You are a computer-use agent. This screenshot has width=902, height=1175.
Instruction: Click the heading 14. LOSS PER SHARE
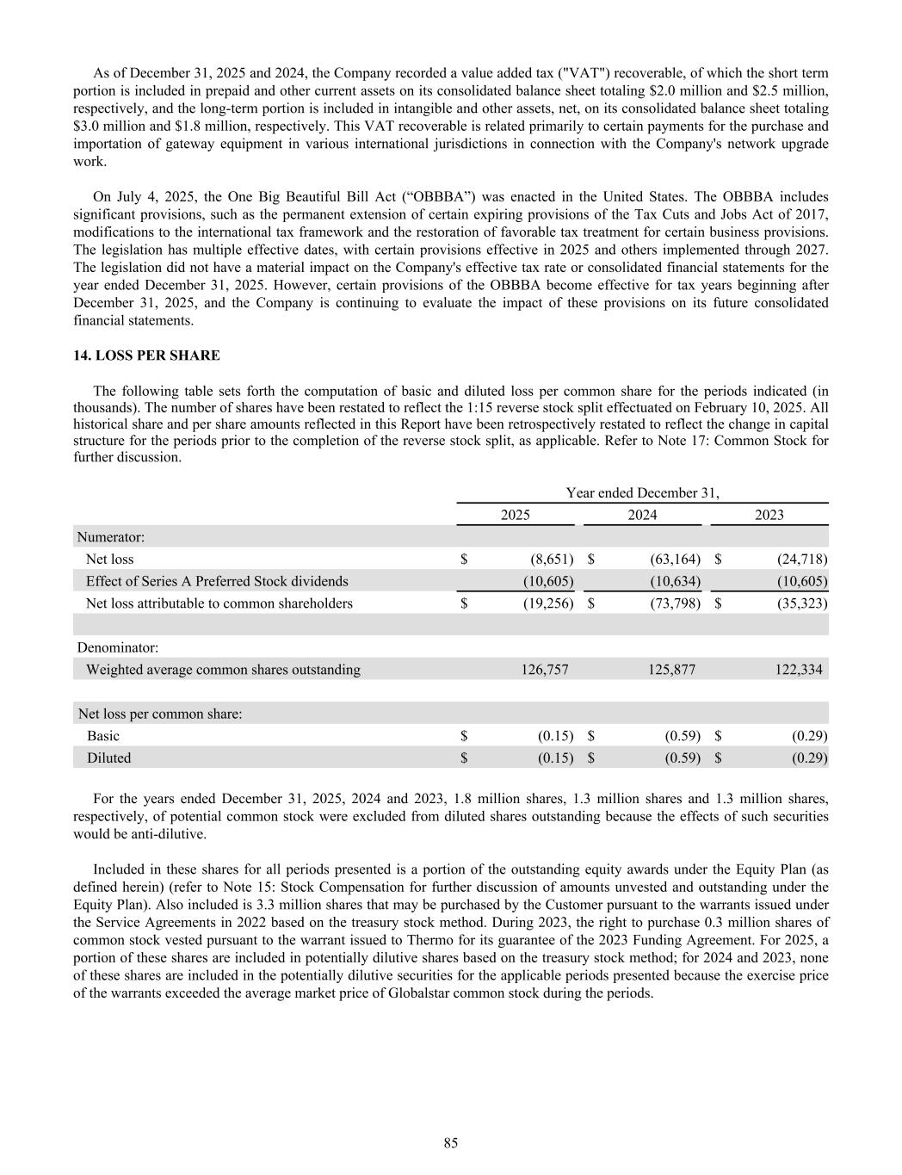pyautogui.click(x=146, y=356)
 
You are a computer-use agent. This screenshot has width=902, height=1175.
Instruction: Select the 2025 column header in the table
pyautogui.click(x=516, y=515)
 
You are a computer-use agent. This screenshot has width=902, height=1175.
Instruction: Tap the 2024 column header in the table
pyautogui.click(x=642, y=515)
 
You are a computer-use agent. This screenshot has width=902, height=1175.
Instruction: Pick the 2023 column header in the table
pyautogui.click(x=769, y=515)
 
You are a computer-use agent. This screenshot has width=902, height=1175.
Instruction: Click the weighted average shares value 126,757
pyautogui.click(x=545, y=670)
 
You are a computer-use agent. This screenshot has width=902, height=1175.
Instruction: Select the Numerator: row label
pyautogui.click(x=111, y=537)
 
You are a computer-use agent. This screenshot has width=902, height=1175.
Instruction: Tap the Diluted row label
pyautogui.click(x=108, y=758)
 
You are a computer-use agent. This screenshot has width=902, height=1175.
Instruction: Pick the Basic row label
pyautogui.click(x=103, y=736)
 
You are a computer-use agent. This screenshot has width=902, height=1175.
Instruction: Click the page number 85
pyautogui.click(x=451, y=1143)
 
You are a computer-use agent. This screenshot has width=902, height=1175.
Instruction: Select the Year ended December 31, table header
pyautogui.click(x=642, y=493)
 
